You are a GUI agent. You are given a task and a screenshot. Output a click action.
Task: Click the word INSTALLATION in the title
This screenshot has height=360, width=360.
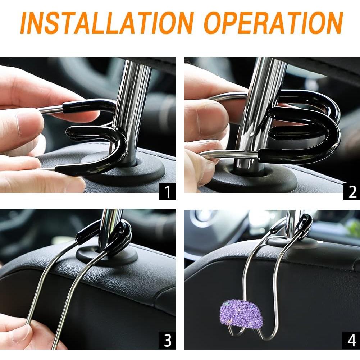(108, 23)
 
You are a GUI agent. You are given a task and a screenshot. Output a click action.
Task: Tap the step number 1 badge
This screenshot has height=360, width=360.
(167, 192)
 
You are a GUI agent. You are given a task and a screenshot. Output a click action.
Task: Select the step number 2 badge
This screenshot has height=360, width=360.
(351, 192)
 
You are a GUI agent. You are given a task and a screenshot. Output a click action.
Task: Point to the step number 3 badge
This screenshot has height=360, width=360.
(167, 340)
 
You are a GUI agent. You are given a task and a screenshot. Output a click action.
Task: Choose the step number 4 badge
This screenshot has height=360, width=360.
(351, 340)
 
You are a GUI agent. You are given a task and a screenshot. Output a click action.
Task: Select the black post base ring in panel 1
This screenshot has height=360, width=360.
(144, 173)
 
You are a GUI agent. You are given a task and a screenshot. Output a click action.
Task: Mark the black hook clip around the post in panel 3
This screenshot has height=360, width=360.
(122, 234)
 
